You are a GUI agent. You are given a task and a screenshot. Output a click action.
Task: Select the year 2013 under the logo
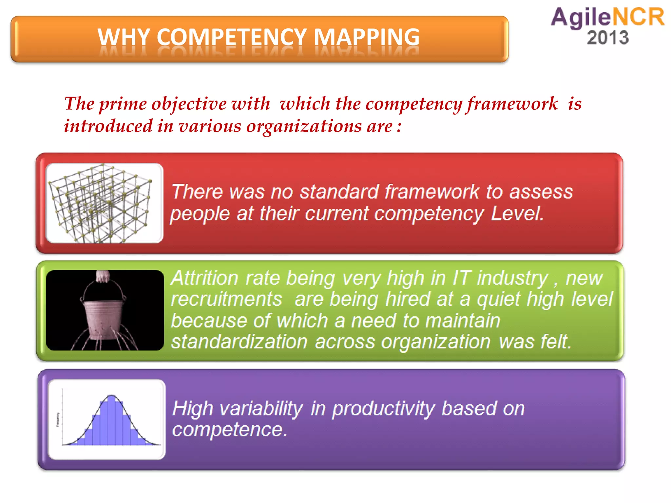click(608, 38)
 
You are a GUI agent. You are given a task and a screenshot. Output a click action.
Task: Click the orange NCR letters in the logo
click(638, 17)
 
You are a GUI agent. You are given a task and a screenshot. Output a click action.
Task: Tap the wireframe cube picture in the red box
click(104, 203)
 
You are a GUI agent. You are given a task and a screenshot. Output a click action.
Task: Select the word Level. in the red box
click(517, 214)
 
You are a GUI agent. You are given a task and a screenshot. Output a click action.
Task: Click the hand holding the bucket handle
click(103, 276)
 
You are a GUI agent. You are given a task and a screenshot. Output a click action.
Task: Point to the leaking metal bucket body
click(102, 318)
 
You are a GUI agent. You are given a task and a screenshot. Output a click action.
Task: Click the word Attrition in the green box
click(204, 278)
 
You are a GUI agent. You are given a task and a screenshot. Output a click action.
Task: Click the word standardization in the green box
click(239, 342)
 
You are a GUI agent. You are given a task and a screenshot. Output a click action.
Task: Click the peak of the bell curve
click(111, 396)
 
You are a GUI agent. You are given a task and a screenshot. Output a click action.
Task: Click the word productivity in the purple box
click(384, 409)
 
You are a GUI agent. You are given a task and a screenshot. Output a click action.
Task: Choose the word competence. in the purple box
click(229, 430)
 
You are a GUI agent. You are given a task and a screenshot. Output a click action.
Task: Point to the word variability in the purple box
click(261, 409)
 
